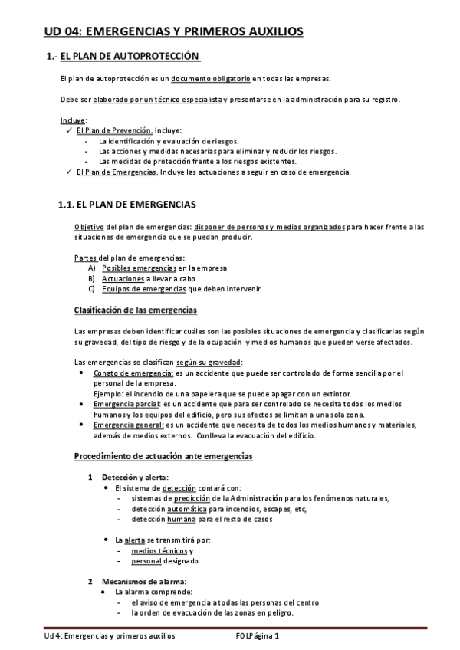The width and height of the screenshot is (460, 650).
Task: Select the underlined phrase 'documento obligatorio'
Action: [210, 79]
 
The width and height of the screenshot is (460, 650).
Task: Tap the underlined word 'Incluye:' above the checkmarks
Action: [74, 120]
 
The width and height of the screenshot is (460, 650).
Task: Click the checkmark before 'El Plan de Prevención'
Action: [70, 130]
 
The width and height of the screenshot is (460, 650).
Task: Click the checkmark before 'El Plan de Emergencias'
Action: [70, 172]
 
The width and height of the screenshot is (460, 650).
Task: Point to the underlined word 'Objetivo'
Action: [89, 227]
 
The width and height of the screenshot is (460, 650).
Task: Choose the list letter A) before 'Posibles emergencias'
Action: [92, 268]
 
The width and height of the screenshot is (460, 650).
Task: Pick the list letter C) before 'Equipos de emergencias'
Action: [92, 289]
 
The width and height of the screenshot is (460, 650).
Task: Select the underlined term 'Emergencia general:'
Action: [128, 425]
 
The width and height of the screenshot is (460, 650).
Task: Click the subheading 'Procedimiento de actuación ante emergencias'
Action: [163, 456]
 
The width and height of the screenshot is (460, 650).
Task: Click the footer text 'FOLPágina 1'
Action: [258, 636]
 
